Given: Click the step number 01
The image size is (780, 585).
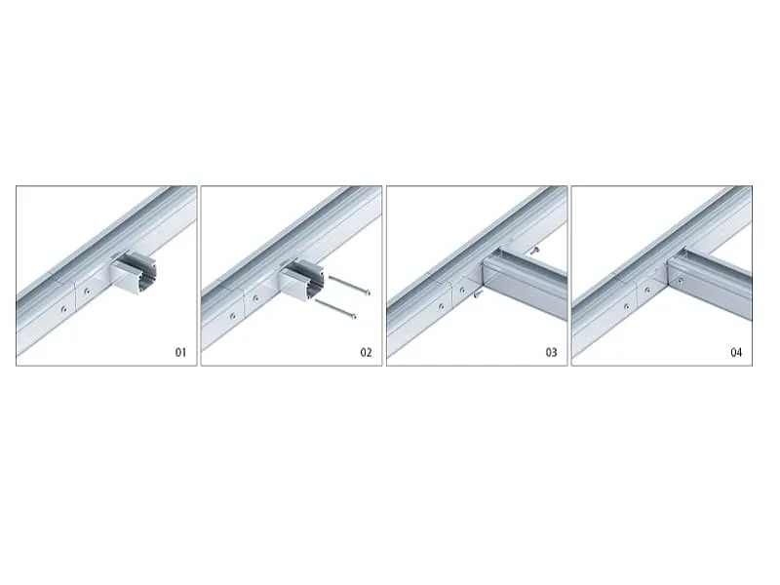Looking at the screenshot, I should click(x=180, y=352).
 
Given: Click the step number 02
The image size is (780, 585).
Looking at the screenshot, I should click(x=366, y=352).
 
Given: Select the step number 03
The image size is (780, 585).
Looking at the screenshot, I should click(x=551, y=352).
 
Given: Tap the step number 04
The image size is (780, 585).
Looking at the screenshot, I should click(x=736, y=352).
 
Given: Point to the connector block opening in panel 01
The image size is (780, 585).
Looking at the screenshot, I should click(x=132, y=276).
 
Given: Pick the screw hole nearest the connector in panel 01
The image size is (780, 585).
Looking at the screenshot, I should click(x=86, y=290).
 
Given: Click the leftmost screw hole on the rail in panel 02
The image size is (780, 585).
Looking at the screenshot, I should click(x=233, y=315).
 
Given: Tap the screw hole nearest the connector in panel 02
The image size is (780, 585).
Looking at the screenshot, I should click(x=256, y=298).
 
